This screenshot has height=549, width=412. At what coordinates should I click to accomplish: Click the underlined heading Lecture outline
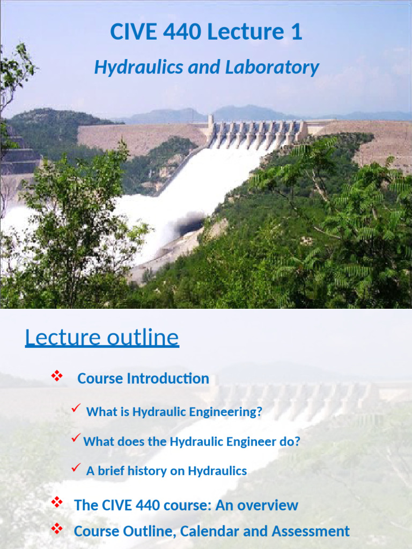(x=102, y=338)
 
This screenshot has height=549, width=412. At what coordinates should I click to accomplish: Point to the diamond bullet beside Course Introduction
(x=56, y=376)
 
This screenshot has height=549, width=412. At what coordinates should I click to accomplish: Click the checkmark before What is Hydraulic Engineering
(x=76, y=410)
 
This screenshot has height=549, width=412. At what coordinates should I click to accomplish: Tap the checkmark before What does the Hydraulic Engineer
(x=76, y=439)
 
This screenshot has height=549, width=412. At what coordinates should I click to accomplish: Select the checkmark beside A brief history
(x=76, y=469)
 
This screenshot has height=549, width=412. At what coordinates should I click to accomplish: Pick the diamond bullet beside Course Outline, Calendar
(x=56, y=529)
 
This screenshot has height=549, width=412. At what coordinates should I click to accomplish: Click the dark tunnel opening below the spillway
(x=191, y=223)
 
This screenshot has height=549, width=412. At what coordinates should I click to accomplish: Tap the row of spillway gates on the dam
(x=256, y=131)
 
